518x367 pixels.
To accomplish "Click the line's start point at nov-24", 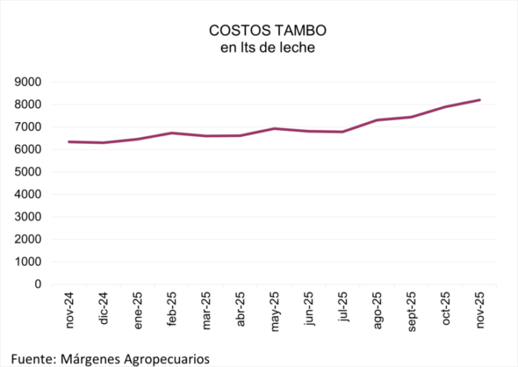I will [69, 141].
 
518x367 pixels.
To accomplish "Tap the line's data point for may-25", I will [275, 129].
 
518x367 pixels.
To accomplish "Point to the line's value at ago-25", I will [377, 120].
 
